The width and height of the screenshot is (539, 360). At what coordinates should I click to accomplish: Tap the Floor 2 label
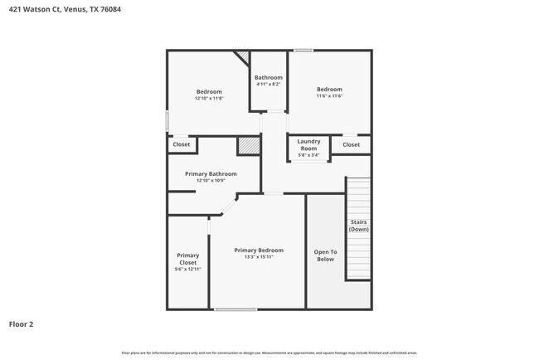[22, 324]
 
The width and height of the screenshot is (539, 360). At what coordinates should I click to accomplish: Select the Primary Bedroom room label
[258, 250]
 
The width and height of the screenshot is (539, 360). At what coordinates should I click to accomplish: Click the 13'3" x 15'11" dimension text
[258, 257]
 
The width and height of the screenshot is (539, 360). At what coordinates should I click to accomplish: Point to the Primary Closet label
[188, 259]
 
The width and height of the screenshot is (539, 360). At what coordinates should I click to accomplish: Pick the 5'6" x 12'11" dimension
[188, 270]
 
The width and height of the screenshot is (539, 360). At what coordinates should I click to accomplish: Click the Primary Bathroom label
[211, 174]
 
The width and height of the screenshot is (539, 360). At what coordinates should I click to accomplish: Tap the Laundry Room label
[308, 144]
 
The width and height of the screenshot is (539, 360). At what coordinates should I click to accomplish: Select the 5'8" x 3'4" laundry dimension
[308, 155]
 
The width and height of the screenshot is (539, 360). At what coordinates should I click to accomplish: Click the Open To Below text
[325, 255]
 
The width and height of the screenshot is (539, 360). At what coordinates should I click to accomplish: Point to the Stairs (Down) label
[358, 226]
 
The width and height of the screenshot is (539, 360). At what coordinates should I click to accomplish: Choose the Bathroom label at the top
[268, 77]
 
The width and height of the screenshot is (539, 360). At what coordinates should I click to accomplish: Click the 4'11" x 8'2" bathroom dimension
[268, 84]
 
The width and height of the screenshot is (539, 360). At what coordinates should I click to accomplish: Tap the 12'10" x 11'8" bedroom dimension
[209, 98]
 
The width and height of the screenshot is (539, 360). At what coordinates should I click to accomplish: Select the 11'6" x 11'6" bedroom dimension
[329, 96]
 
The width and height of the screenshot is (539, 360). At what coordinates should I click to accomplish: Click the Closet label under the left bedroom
[181, 144]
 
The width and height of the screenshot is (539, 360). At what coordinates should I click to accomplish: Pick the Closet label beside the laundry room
[351, 144]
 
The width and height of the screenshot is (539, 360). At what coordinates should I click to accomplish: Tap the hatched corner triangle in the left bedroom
[243, 57]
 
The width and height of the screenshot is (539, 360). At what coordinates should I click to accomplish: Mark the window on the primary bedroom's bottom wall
[236, 309]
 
